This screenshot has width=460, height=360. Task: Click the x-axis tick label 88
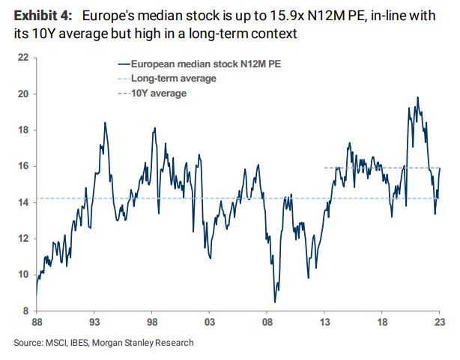click(36, 323)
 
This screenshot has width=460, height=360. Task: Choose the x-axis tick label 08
click(267, 323)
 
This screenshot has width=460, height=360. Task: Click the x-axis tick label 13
click(324, 323)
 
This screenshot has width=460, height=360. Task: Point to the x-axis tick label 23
click(440, 323)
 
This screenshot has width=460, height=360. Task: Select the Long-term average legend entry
click(173, 79)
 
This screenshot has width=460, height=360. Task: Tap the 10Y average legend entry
click(159, 93)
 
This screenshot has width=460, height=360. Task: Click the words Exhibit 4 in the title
click(42, 14)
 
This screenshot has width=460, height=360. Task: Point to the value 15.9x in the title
click(258, 14)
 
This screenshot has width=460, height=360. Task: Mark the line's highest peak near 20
click(417, 97)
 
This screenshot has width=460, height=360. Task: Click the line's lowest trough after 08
click(275, 302)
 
